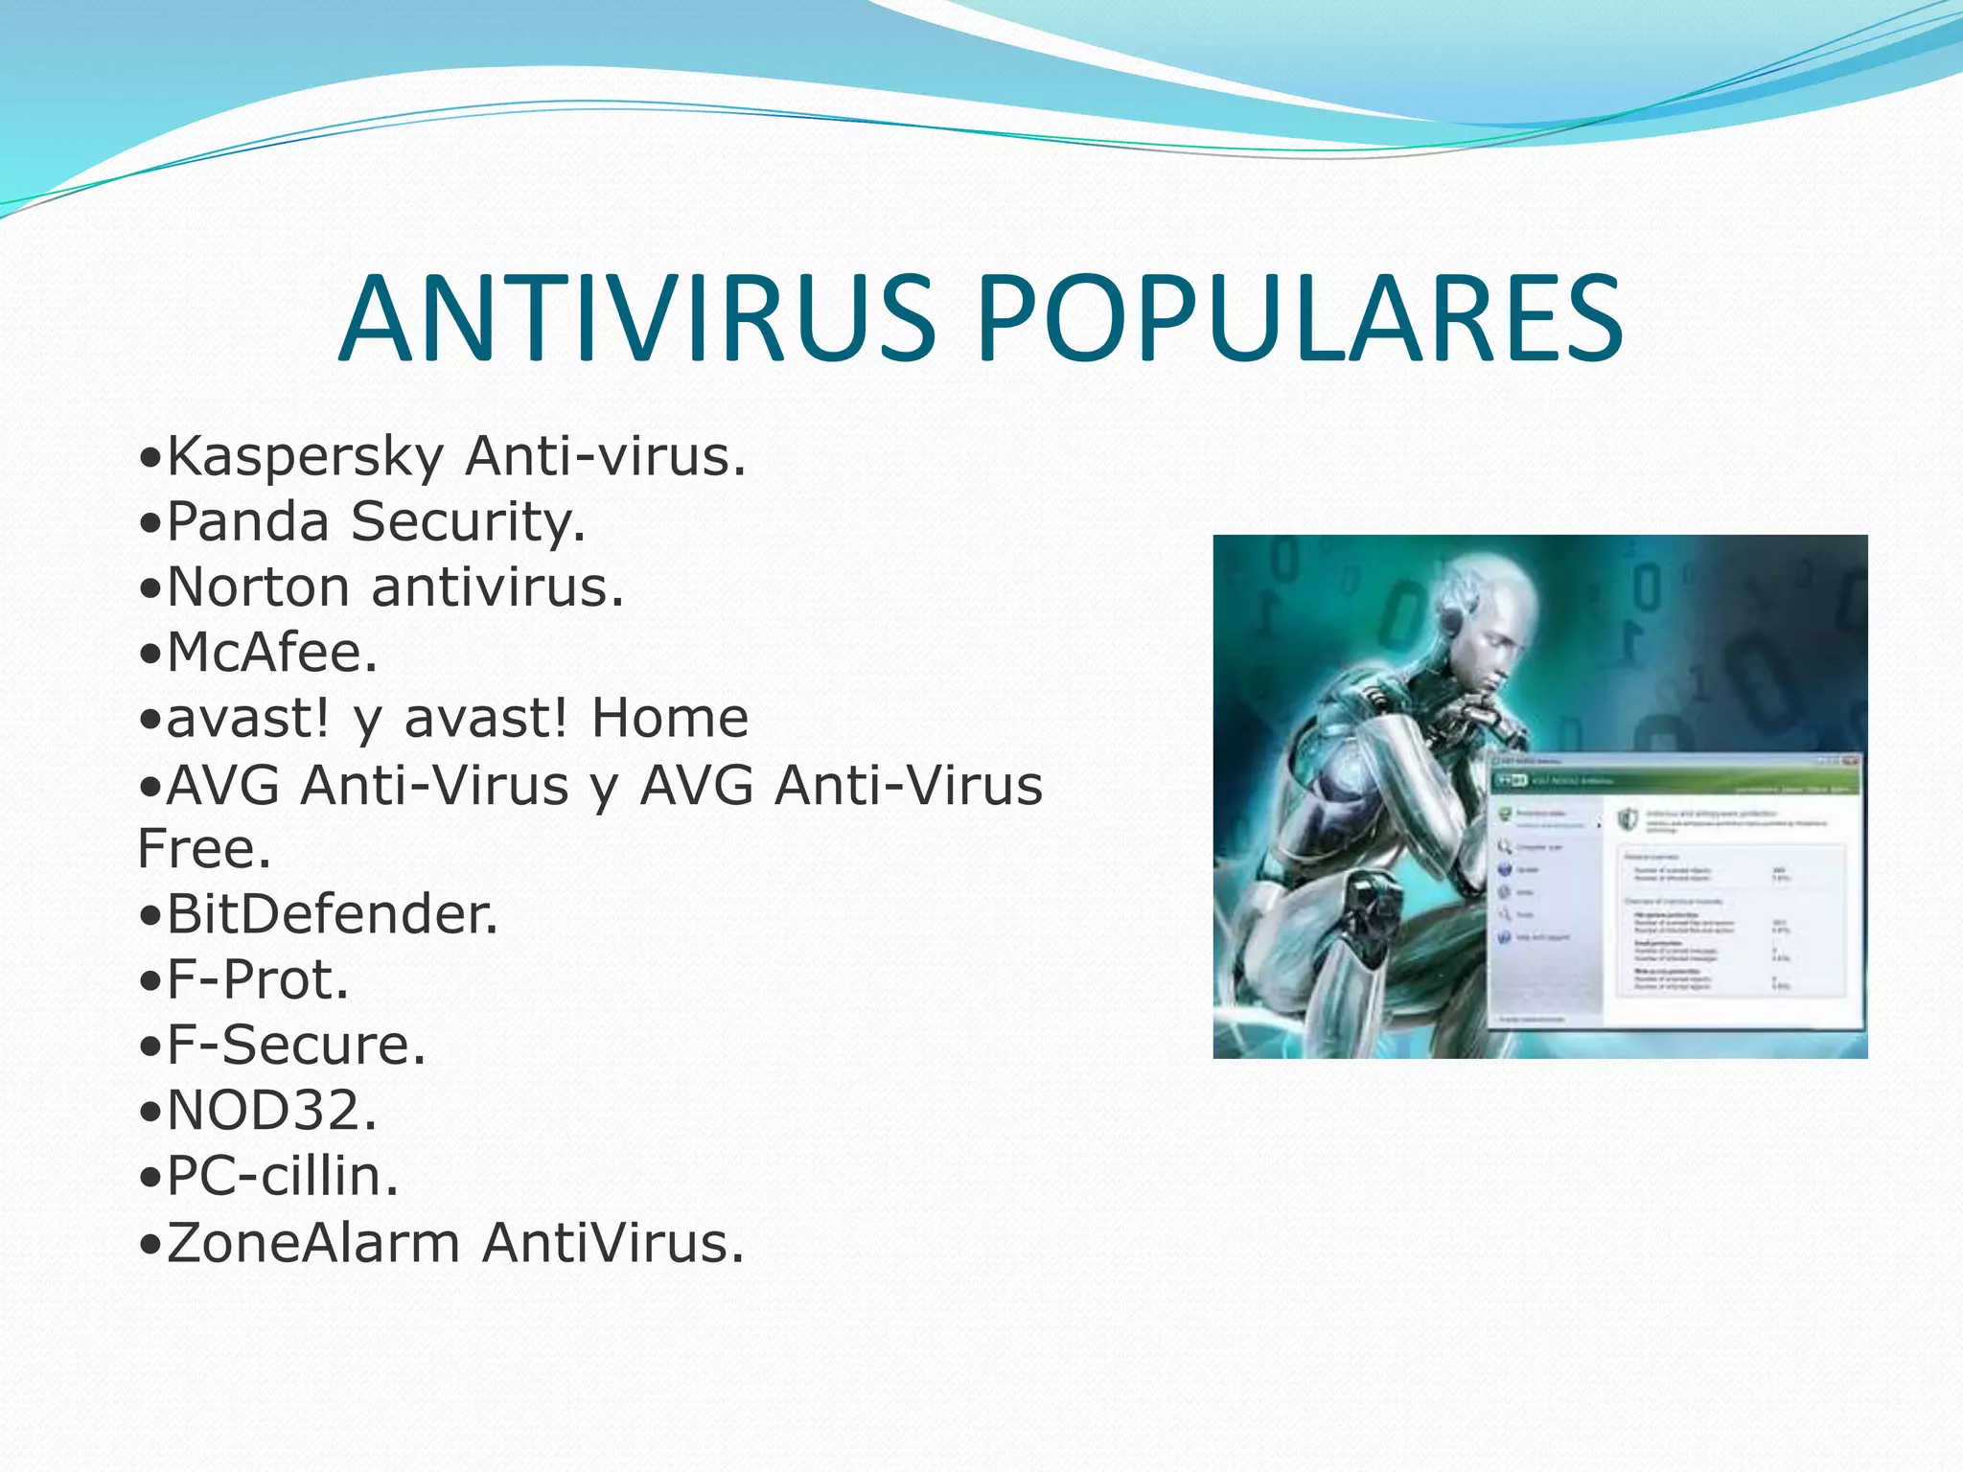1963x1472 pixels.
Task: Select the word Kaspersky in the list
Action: (305, 456)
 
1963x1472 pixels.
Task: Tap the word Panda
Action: (247, 522)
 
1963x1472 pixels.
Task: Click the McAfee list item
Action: (271, 653)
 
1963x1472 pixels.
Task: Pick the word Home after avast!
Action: (669, 719)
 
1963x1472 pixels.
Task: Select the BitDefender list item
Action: (332, 914)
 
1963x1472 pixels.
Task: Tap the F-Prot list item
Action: (257, 980)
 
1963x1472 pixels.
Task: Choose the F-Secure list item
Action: (295, 1046)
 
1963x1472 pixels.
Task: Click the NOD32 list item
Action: (271, 1111)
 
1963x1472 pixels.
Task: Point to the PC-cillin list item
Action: (282, 1177)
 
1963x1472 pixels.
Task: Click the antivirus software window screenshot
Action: (1675, 891)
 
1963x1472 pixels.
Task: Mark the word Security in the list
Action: (467, 522)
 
